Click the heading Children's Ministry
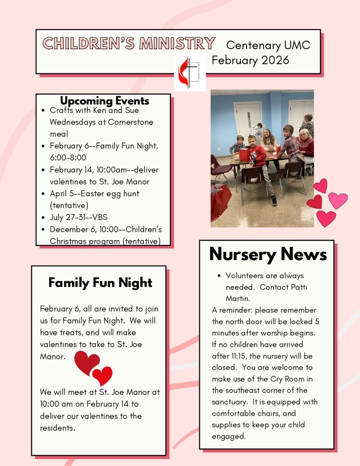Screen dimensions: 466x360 129,43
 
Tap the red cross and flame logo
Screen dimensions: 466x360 189,72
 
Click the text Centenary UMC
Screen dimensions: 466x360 268,45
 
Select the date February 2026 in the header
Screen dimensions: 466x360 250,60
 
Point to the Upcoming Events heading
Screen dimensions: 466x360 105,101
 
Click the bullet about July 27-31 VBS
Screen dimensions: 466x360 79,217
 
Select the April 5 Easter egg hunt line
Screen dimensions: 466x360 95,194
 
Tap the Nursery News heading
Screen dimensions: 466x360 268,254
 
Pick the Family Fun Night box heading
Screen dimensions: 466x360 100,283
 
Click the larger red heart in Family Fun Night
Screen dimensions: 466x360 86,362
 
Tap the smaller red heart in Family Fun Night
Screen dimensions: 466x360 102,376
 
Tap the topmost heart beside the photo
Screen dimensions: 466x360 320,185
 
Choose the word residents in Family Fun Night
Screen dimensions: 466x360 57,428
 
